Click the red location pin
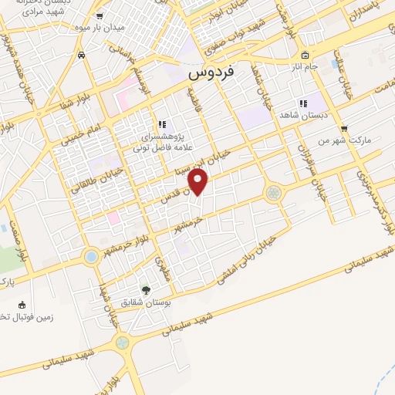[199, 182]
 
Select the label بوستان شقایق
[147, 303]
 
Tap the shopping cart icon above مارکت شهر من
[344, 129]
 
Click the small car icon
[82, 55]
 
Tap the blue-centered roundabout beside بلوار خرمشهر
[91, 256]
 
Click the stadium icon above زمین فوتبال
[22, 303]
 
